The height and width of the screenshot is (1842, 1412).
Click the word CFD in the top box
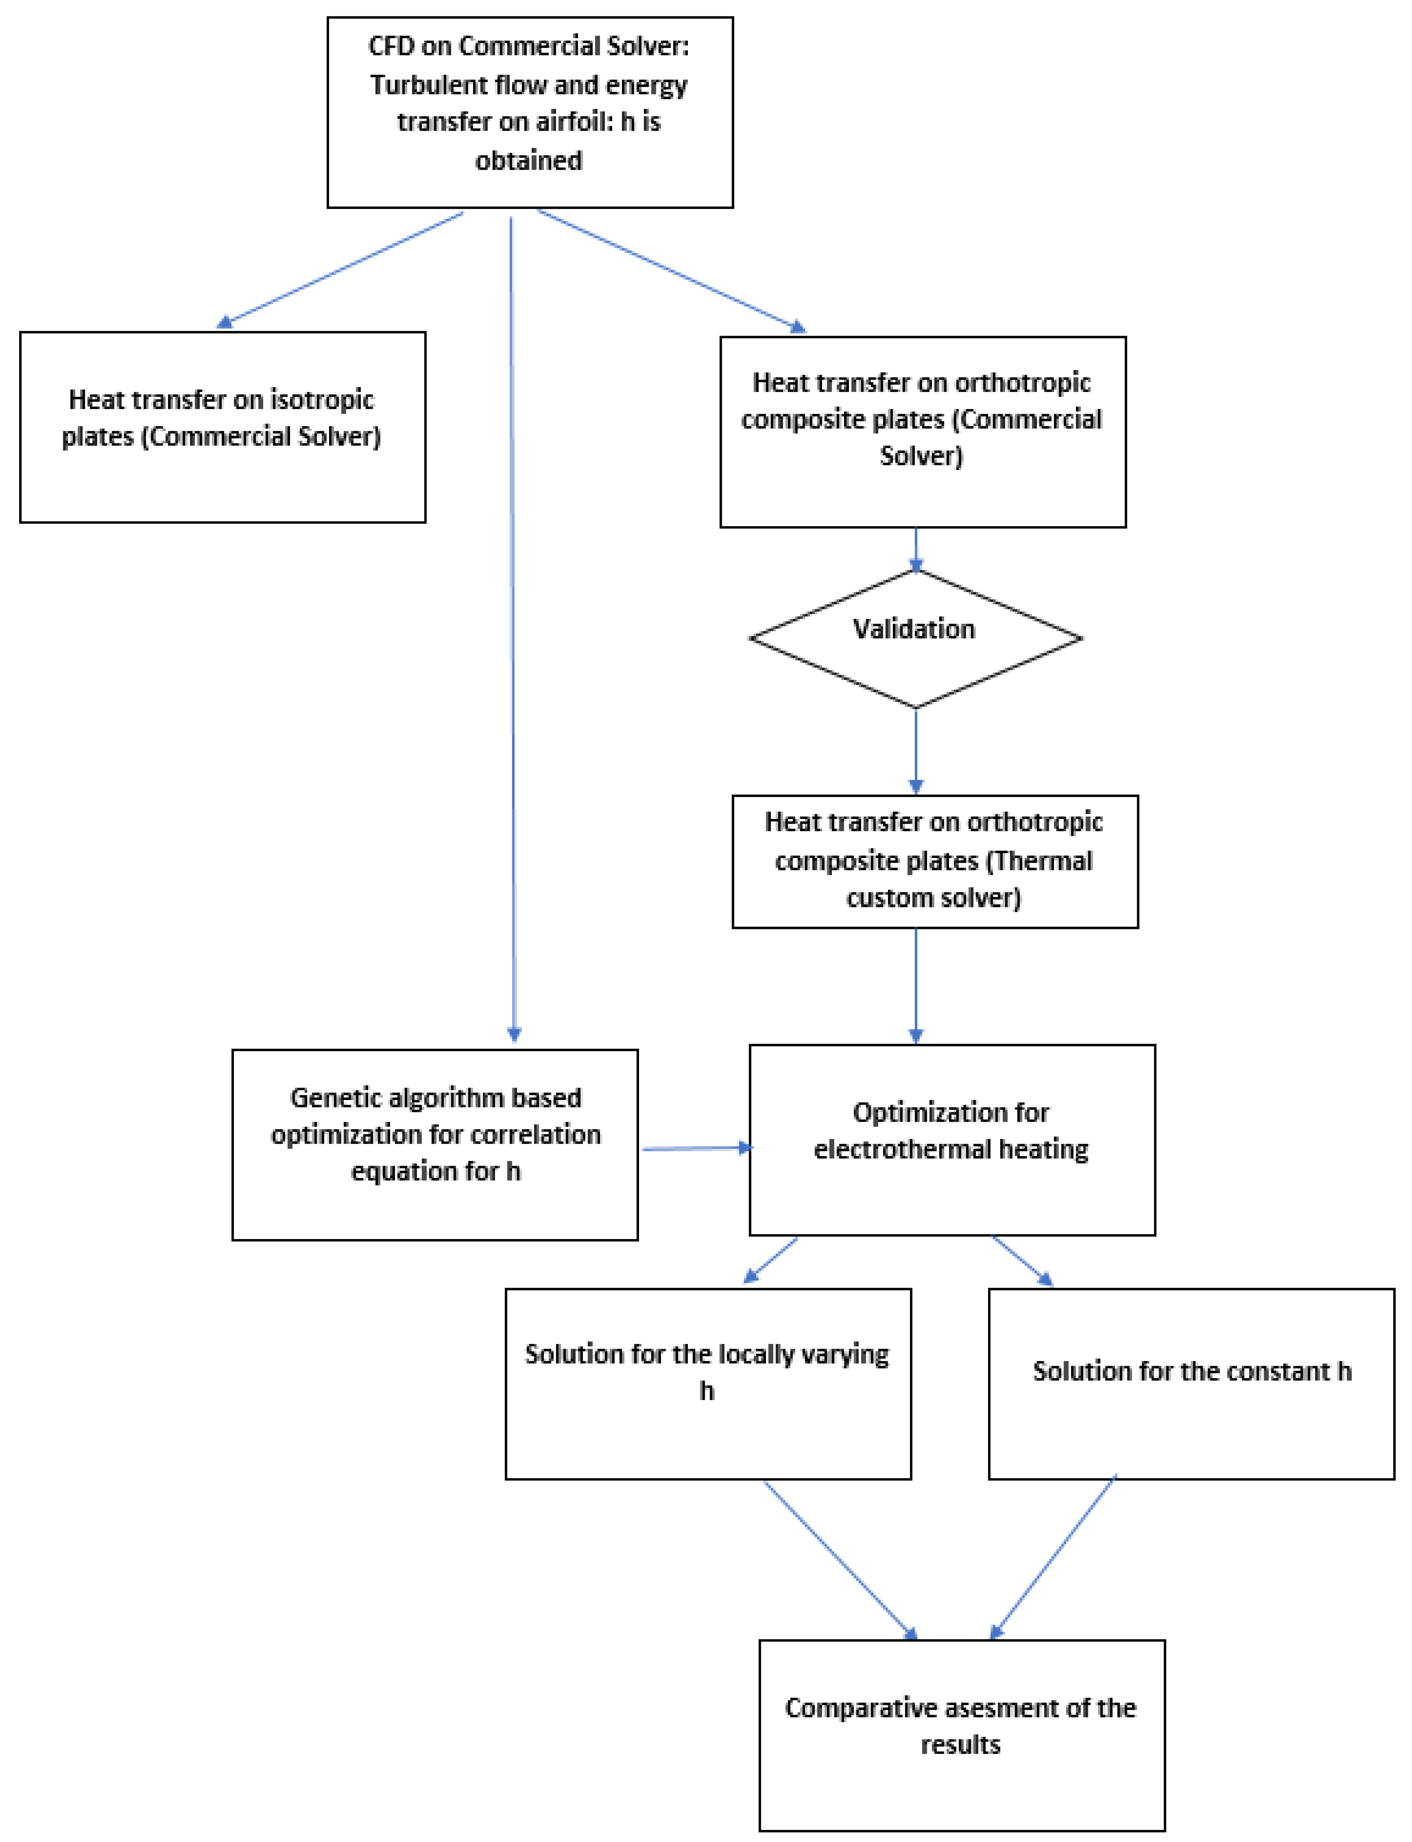392,46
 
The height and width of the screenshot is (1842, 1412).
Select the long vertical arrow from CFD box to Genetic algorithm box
513,630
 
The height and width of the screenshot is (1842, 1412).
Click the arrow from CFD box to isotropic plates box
340,269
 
